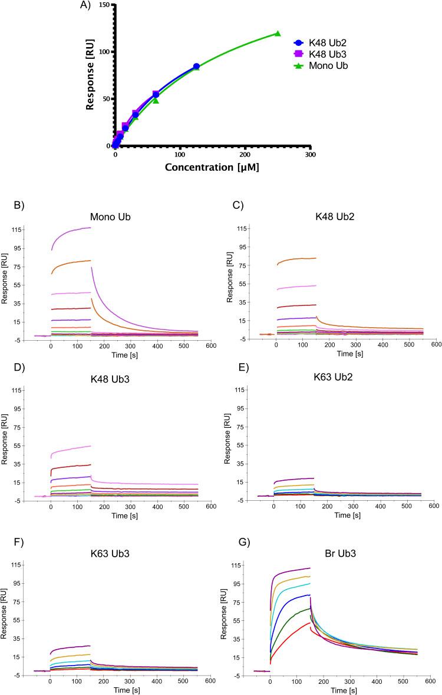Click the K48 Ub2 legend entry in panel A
click(321, 43)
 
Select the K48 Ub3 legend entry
click(321, 54)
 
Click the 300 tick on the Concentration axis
click(310, 155)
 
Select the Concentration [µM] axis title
click(212, 168)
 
